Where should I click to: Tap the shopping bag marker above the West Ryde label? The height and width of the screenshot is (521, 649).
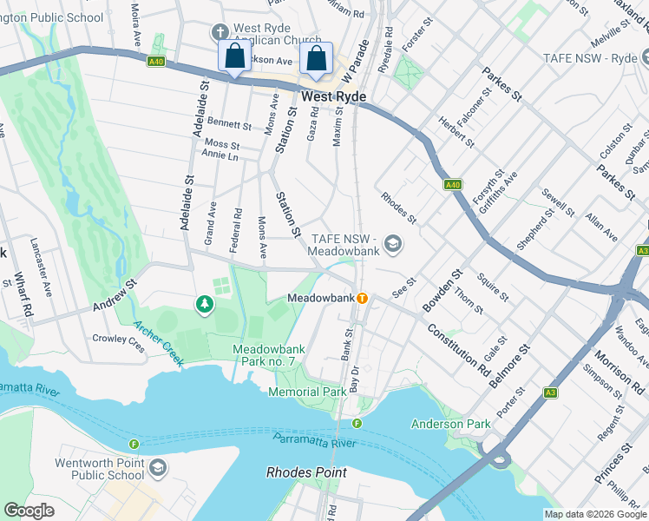coord(317,60)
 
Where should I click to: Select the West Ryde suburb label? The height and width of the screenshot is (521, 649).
coord(333,96)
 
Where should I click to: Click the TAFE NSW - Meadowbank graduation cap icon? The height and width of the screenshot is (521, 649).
coord(392,244)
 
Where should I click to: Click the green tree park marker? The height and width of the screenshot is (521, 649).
coord(204,304)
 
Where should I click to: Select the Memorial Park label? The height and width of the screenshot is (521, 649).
coord(307,392)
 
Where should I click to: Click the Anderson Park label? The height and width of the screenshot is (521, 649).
coord(450,425)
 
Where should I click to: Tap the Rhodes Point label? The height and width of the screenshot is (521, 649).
coord(306,473)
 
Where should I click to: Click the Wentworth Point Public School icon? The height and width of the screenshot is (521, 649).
coord(157,470)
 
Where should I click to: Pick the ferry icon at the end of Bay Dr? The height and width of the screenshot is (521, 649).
coord(357,423)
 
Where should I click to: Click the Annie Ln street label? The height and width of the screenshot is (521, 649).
coord(219,156)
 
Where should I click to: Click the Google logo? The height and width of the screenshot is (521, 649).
coord(29,510)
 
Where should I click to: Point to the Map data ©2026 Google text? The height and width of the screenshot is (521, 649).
coord(595,514)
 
